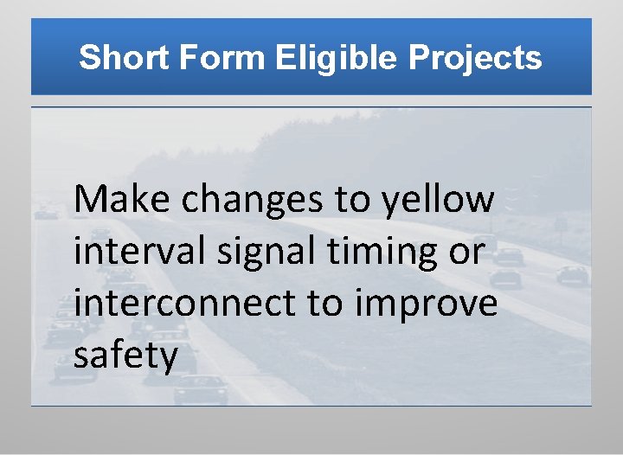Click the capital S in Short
point(88,59)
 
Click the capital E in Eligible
point(287,59)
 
